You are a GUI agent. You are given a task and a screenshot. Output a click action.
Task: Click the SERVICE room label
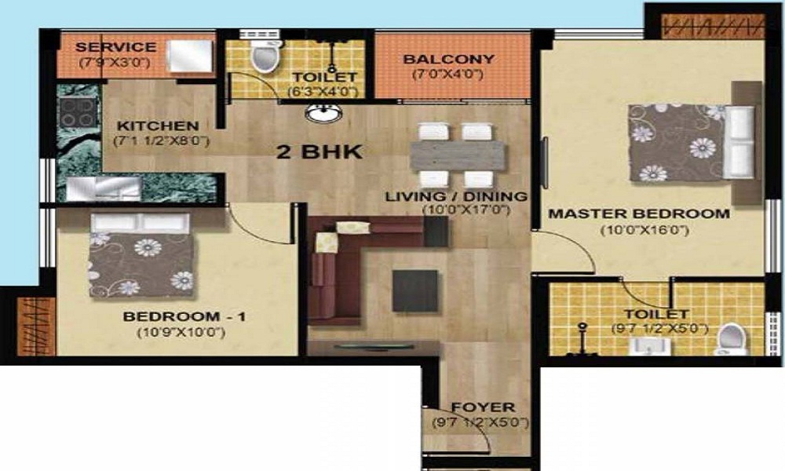click(115, 47)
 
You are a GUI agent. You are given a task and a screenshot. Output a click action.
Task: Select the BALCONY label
click(448, 59)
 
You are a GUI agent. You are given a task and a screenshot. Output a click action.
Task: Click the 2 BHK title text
click(319, 152)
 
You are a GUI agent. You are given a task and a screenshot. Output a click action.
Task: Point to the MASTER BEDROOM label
click(638, 214)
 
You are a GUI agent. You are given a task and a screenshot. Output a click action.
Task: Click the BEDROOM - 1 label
click(184, 316)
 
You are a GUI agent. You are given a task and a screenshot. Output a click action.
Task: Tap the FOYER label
click(483, 407)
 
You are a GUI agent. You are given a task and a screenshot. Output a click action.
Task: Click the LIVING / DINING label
click(455, 196)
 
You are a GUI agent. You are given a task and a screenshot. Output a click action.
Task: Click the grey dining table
click(457, 155)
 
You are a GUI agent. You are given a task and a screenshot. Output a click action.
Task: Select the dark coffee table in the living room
click(415, 290)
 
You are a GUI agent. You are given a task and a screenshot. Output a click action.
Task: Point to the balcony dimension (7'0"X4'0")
click(447, 75)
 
